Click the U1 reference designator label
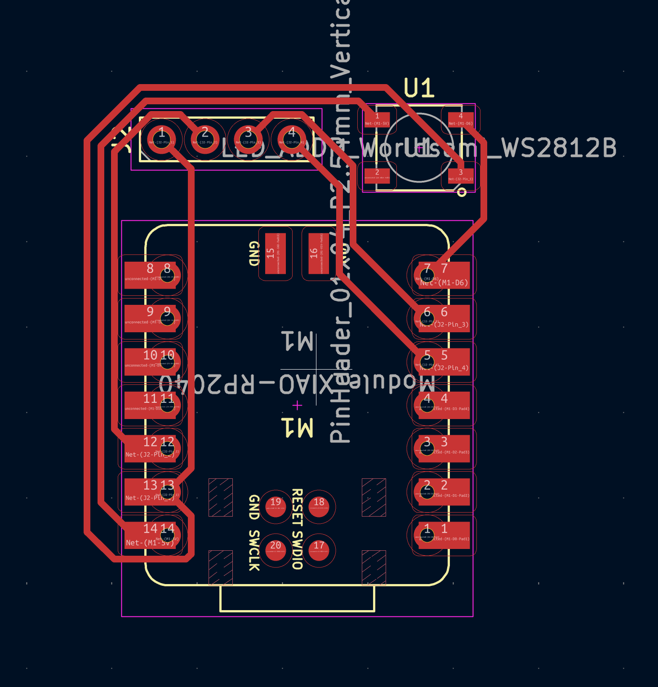pos(419,88)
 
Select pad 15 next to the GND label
pos(276,254)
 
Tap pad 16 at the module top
pos(319,254)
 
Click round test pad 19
pos(276,507)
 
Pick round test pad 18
pos(319,507)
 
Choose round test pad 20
pos(276,550)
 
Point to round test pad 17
pos(319,550)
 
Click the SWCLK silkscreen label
pos(254,550)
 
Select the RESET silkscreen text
pos(297,507)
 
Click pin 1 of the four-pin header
pos(162,137)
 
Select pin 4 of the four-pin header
pos(292,137)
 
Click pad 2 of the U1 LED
pos(377,174)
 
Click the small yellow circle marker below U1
pos(462,192)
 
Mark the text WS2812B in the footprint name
pos(559,148)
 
